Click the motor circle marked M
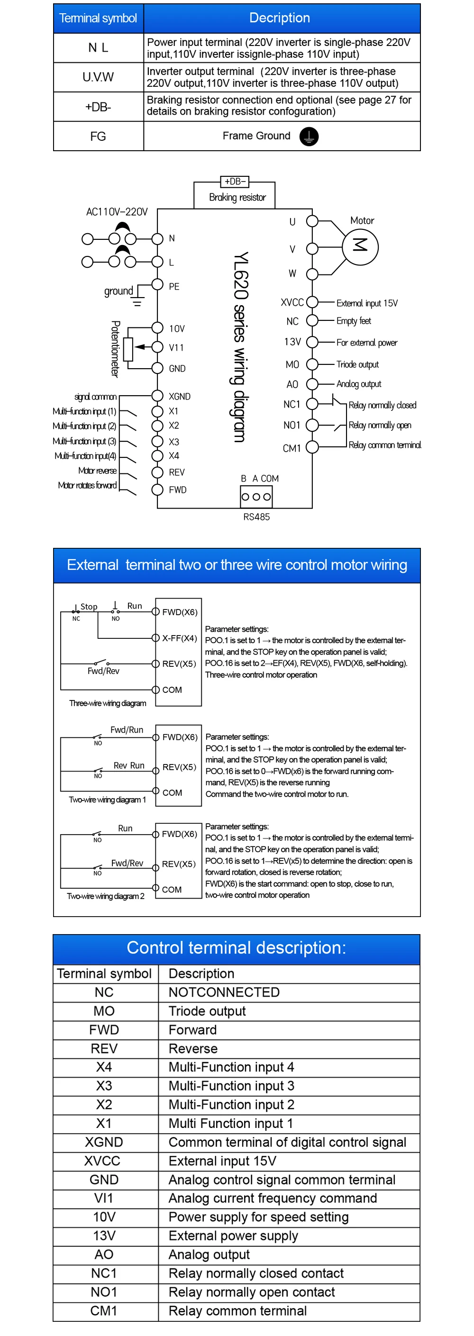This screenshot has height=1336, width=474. click(360, 247)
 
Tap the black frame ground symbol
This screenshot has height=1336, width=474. click(309, 136)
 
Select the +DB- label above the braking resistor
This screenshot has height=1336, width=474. click(235, 182)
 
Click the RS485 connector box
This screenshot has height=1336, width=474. click(256, 496)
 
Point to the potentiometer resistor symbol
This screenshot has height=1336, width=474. click(128, 348)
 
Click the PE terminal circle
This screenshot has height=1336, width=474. click(158, 284)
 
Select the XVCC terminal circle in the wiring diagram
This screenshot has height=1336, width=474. click(312, 302)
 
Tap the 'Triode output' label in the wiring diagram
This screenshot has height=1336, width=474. click(357, 364)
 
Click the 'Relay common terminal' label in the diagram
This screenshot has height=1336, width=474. click(384, 445)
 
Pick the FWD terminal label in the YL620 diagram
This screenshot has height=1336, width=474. click(177, 490)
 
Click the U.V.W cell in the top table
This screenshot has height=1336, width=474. click(98, 77)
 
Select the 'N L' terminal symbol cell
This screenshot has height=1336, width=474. click(98, 48)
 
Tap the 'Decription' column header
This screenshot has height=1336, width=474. click(280, 18)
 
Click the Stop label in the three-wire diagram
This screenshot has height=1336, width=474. click(89, 606)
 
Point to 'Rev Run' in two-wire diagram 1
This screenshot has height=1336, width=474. click(129, 765)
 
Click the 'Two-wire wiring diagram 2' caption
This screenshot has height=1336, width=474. click(105, 896)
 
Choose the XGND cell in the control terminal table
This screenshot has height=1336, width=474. click(104, 1142)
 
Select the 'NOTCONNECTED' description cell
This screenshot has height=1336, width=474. click(224, 991)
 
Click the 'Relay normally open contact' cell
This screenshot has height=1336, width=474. click(252, 1291)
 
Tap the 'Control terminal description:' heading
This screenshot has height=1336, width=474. click(237, 947)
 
